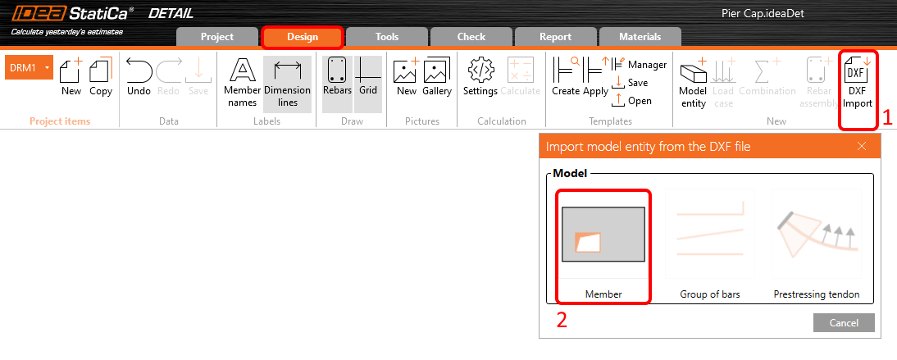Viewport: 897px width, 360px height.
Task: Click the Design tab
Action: pos(302,37)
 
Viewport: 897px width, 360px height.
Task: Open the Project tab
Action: pos(217,37)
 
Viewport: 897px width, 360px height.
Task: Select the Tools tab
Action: pos(386,37)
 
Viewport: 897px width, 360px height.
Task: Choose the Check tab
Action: pos(471,37)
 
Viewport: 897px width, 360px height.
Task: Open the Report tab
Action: pos(555,37)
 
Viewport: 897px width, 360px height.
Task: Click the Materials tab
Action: pos(640,37)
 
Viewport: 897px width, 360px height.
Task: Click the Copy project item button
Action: pos(101,79)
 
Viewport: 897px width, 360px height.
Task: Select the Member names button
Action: pos(242,83)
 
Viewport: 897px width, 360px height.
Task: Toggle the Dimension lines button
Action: pos(287,83)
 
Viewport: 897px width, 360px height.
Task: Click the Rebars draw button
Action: pos(337,79)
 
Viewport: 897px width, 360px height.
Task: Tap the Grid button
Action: pos(368,79)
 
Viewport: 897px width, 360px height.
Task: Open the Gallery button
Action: pos(437,79)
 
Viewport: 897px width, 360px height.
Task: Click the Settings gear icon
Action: pos(480,79)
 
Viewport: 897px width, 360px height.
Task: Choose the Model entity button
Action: pos(693,83)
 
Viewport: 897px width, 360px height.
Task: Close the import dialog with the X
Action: pos(862,146)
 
